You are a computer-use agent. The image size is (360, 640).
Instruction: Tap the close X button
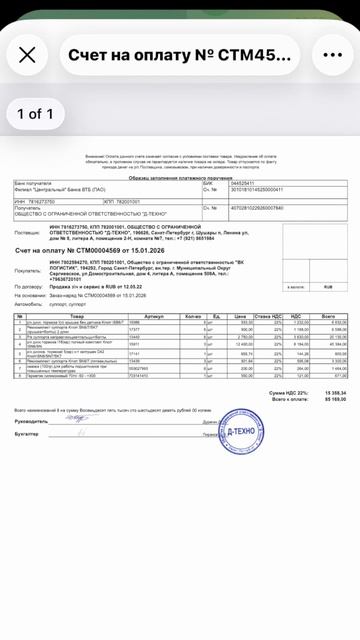coord(28,56)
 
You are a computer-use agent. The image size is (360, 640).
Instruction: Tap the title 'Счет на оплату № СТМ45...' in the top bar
coord(179,56)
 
